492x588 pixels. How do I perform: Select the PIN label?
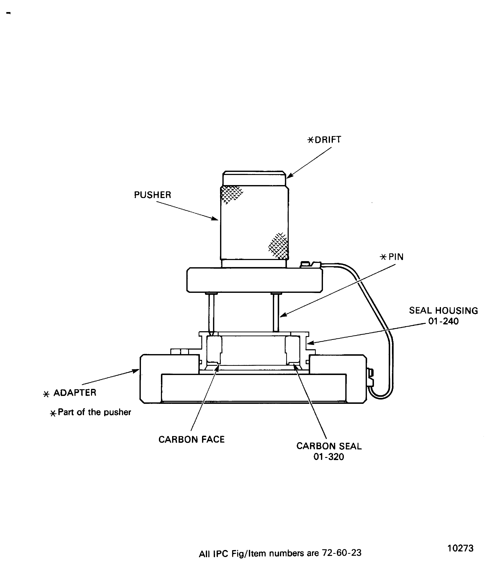[x=396, y=257]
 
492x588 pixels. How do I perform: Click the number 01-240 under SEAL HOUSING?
[x=443, y=321]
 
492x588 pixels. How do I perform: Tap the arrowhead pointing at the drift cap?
[x=289, y=176]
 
